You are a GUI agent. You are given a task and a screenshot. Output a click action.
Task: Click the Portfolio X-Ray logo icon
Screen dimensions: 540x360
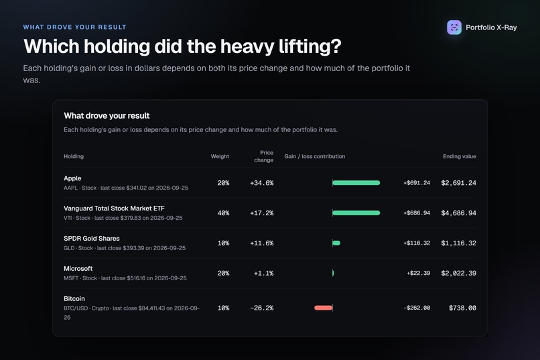[454, 27]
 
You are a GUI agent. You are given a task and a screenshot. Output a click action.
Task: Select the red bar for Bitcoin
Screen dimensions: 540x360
[324, 308]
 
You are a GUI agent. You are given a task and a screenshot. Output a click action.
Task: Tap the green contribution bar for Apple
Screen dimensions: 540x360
[356, 182]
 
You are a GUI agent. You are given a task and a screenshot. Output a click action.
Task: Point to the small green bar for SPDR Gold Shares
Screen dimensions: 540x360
[336, 243]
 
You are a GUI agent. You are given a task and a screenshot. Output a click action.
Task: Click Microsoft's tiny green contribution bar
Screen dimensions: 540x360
[333, 273]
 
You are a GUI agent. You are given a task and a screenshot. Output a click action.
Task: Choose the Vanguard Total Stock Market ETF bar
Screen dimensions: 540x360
[356, 213]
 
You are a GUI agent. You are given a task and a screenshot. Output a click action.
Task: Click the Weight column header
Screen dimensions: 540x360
[220, 156]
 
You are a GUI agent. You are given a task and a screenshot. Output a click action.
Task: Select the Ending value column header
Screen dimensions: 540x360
[460, 156]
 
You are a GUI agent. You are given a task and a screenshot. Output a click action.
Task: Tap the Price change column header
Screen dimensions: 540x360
[264, 156]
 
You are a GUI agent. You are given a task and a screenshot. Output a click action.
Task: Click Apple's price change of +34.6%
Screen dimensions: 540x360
[262, 183]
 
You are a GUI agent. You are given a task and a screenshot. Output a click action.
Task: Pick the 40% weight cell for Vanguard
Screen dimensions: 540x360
[223, 213]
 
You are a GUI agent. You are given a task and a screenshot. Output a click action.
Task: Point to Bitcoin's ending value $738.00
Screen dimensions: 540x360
[462, 308]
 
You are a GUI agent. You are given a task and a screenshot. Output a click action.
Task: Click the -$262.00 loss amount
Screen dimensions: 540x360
[417, 308]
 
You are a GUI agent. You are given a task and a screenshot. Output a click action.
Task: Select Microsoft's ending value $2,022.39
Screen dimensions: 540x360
[459, 274]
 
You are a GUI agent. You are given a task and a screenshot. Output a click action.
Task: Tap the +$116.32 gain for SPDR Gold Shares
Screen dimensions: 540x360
[417, 243]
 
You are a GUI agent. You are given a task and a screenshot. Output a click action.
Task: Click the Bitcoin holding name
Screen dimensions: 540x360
[74, 299]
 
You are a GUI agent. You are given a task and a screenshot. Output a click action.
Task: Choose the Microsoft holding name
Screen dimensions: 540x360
[78, 268]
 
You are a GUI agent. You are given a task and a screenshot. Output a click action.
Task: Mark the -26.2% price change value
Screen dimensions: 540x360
[262, 308]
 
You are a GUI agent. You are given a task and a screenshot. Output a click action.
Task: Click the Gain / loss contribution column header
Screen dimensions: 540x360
[315, 156]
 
